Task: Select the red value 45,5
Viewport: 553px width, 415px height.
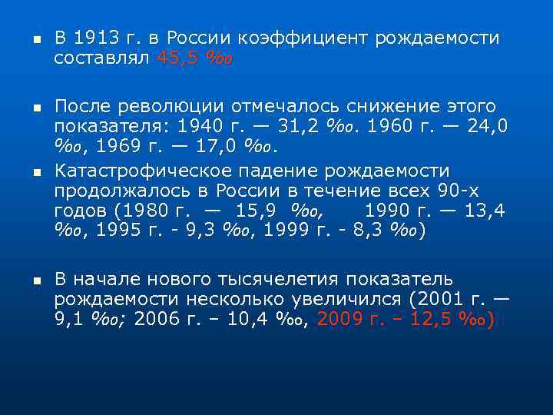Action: tap(178, 58)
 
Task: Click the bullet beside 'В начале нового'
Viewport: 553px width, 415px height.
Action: tap(26, 280)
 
